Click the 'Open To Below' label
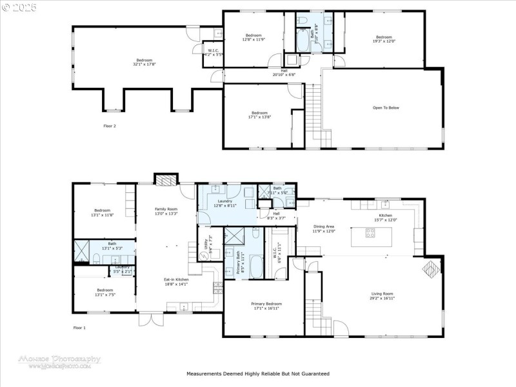(x=386, y=108)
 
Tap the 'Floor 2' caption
(x=110, y=126)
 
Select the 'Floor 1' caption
(x=79, y=328)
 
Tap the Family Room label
(x=166, y=211)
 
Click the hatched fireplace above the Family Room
(x=167, y=180)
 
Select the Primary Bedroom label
(x=266, y=305)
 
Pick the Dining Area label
(x=323, y=228)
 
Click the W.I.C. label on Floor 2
(x=213, y=52)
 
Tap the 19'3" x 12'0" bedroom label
(x=384, y=39)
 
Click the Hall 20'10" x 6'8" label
(x=284, y=73)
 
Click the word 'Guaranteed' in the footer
(x=314, y=373)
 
